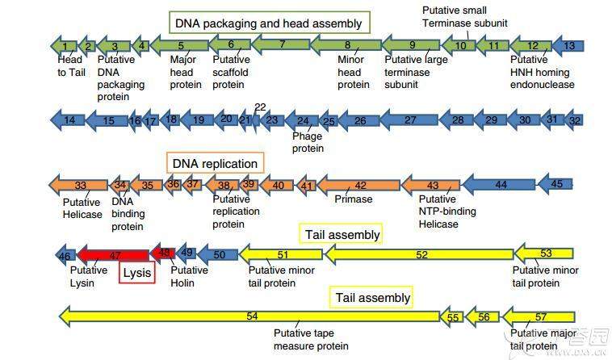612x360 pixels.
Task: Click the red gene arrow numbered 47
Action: tap(113, 255)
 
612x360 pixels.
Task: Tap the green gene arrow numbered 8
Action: tap(347, 46)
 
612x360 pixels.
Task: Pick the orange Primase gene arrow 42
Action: tap(360, 186)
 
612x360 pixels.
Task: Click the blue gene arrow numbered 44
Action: tap(501, 185)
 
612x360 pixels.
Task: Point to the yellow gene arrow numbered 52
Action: tap(420, 255)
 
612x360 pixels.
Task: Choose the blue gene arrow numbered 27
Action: tap(410, 120)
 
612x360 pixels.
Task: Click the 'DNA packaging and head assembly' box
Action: tap(270, 23)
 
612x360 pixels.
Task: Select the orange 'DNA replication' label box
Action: tap(215, 164)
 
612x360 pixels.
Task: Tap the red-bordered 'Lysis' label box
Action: tap(136, 273)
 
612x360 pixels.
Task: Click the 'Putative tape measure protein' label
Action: tap(311, 340)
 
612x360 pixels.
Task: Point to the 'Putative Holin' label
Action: tap(189, 276)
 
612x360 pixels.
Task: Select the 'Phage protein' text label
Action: tap(308, 142)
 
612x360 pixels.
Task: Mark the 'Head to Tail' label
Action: tap(69, 65)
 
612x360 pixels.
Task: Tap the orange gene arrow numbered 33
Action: tap(79, 186)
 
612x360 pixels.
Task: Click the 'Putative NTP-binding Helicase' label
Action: tap(447, 211)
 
